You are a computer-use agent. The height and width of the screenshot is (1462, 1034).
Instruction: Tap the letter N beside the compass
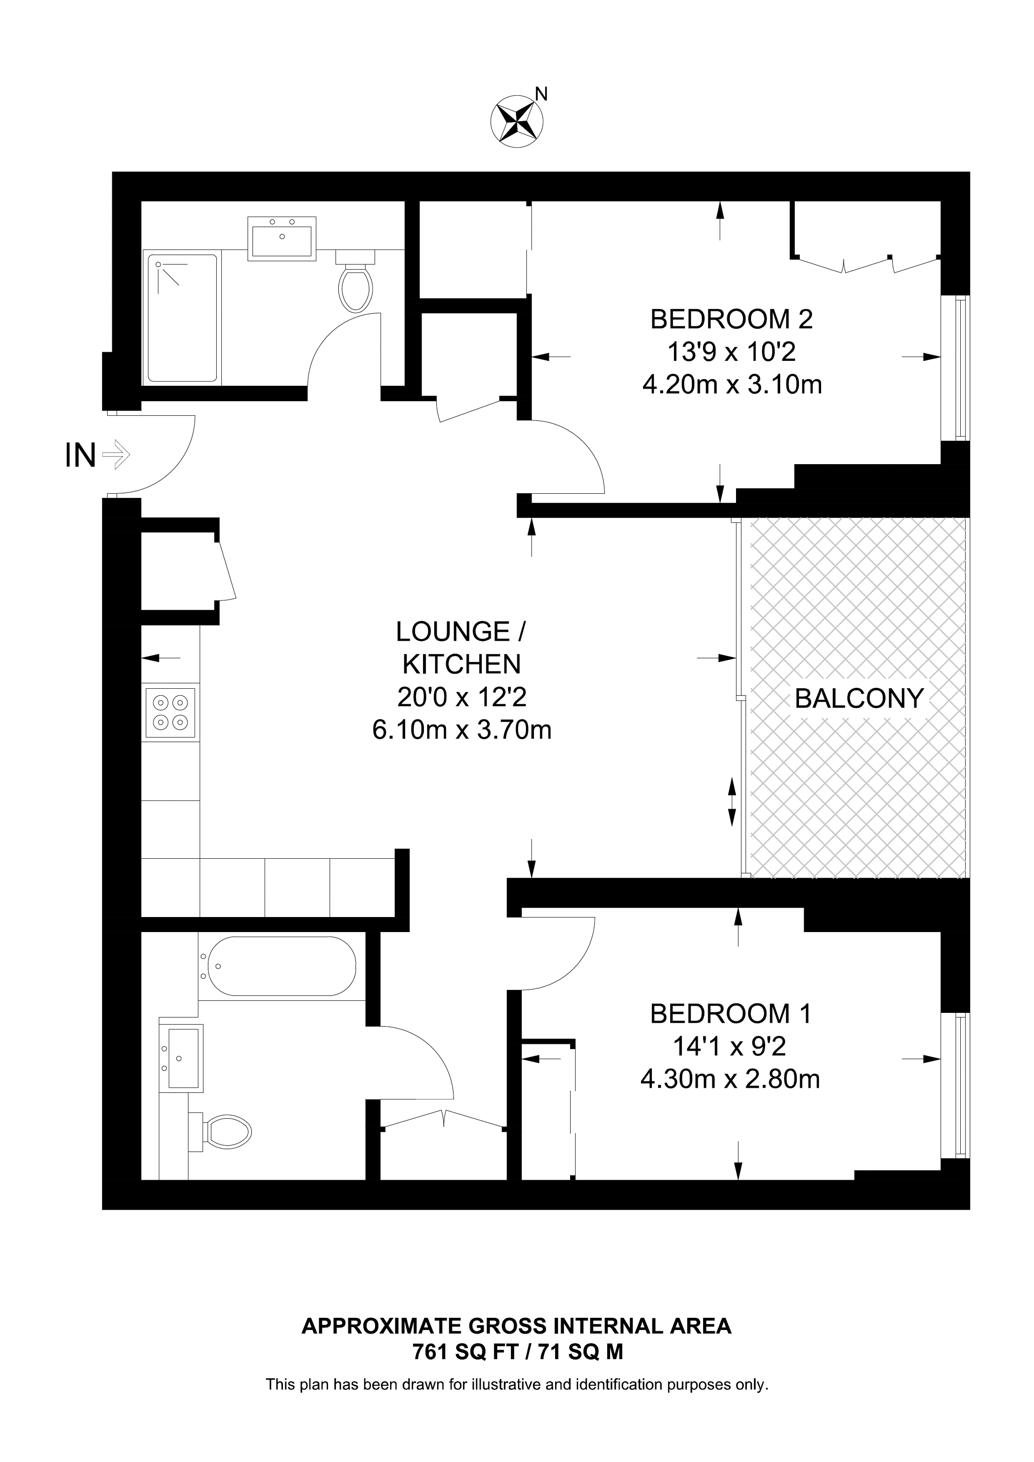[541, 94]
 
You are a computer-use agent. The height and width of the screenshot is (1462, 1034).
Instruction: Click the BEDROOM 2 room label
[731, 319]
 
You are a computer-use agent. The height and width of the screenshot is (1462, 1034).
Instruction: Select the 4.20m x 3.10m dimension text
[731, 385]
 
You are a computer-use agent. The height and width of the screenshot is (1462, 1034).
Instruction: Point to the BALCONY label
[858, 699]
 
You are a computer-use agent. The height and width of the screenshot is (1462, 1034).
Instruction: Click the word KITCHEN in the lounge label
[462, 664]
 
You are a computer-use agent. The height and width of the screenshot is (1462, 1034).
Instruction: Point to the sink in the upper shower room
[282, 239]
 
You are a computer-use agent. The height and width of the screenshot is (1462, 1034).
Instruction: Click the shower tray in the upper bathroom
[182, 319]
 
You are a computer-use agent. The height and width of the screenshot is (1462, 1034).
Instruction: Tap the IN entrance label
[80, 455]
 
